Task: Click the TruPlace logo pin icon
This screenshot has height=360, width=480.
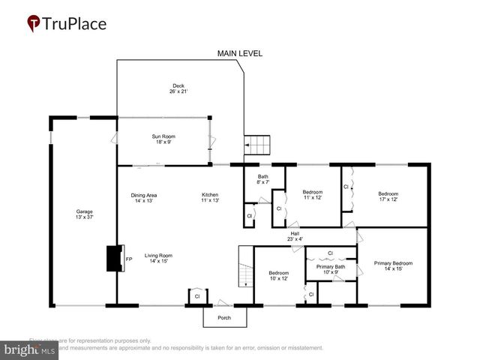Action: pos(34,23)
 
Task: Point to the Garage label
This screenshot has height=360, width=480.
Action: pos(84,214)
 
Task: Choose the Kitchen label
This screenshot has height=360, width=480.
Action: pos(209,198)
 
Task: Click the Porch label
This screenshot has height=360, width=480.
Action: pos(224,318)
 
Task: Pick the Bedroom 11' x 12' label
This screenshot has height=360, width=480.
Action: pos(312,195)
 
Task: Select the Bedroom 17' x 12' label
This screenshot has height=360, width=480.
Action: pos(388,196)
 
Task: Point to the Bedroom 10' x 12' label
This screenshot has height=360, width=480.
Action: pos(278,275)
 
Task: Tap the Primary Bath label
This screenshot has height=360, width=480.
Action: pos(330,269)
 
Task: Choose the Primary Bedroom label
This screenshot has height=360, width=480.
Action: pos(393,265)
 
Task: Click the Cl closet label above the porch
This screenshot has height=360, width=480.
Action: pos(196,295)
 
